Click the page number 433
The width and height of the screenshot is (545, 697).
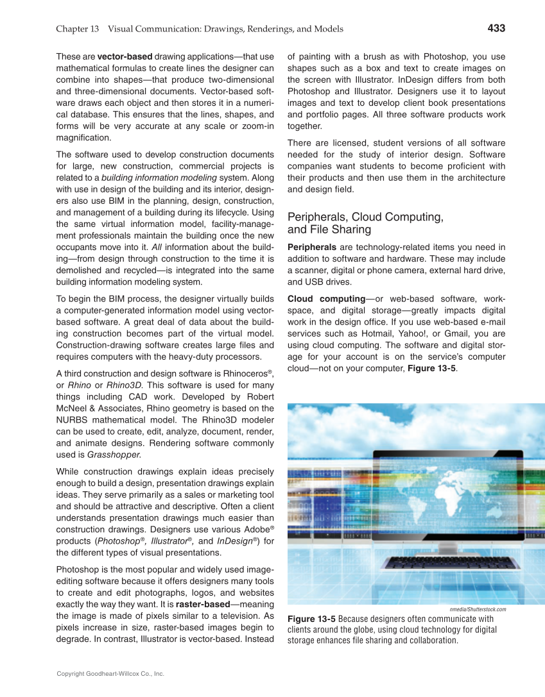coord(496,28)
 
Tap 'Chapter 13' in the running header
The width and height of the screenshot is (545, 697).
coord(77,29)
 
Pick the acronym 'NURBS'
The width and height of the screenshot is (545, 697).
coord(76,421)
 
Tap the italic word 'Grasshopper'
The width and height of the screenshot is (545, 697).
coord(115,455)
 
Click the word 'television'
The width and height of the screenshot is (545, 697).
coord(239,616)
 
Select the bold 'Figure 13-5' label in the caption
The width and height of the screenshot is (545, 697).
coord(311,619)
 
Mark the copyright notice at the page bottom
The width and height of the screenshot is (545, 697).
coord(110,674)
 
